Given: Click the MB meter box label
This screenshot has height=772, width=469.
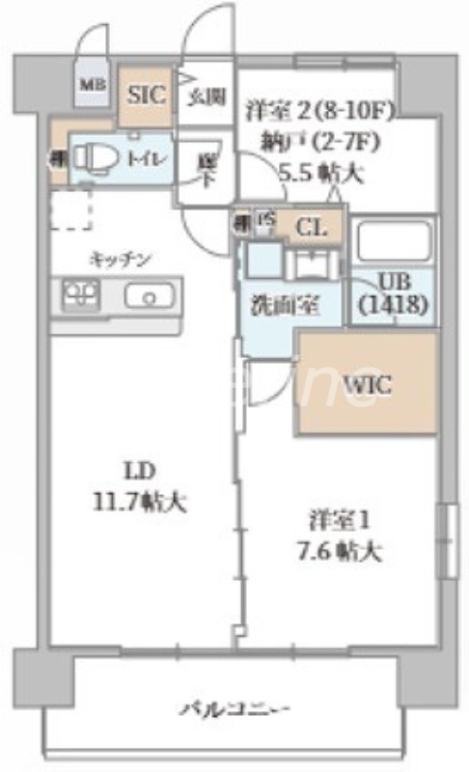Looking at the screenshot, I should click(92, 86).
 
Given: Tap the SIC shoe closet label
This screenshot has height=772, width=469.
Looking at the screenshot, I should click(147, 94).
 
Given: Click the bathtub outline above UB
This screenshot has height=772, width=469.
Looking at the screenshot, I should click(392, 242).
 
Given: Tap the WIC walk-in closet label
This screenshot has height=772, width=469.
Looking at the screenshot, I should click(367, 384).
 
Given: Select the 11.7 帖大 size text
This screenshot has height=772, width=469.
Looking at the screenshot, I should click(141, 502).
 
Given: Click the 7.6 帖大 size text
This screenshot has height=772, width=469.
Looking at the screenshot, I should click(338, 552).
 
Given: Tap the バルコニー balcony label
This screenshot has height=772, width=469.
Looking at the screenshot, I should click(235, 711).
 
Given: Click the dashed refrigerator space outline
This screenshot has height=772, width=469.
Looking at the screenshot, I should click(70, 209).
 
